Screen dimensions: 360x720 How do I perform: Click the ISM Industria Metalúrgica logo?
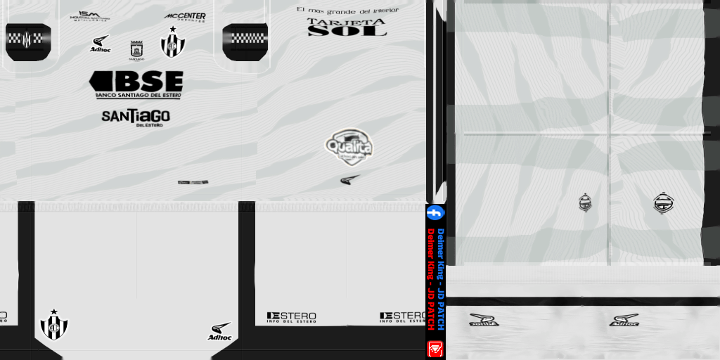(90, 15)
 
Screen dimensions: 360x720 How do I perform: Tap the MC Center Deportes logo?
(186, 16)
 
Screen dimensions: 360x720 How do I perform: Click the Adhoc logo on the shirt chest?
(101, 44)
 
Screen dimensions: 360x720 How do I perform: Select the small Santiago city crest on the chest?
(136, 50)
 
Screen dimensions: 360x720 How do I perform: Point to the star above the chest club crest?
(172, 30)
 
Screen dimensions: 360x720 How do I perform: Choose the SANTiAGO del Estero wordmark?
(136, 117)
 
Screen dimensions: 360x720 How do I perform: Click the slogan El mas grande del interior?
(347, 11)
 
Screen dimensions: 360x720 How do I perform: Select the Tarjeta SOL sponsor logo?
(347, 27)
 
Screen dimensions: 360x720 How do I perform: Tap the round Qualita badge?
(349, 146)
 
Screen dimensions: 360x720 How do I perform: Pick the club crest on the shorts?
(53, 325)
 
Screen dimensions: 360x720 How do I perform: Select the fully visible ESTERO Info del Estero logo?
(291, 317)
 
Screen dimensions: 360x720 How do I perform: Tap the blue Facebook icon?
(435, 212)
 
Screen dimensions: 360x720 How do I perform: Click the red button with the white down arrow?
(435, 348)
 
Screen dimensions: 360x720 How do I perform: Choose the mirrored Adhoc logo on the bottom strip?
(484, 320)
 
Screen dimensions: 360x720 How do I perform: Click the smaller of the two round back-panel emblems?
(585, 202)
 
